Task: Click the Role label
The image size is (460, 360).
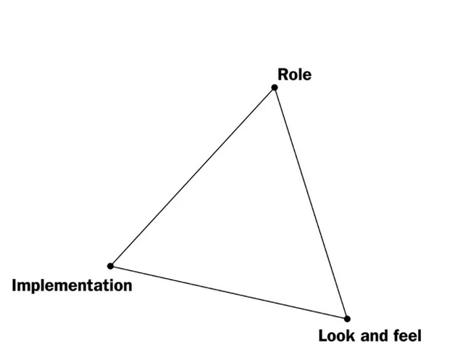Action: (295, 75)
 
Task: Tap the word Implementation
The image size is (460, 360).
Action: (72, 286)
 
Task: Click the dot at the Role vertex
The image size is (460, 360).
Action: (275, 88)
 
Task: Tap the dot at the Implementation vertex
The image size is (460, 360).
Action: (110, 266)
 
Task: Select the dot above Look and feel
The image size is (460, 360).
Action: (347, 319)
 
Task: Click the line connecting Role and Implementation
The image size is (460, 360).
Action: (193, 177)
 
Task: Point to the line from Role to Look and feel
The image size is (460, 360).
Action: (311, 203)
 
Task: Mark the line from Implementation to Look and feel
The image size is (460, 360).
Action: (229, 293)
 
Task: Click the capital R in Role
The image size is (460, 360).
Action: (283, 75)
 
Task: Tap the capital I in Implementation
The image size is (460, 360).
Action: (14, 285)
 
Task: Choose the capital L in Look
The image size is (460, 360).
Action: (322, 336)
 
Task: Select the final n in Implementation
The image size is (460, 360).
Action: (127, 287)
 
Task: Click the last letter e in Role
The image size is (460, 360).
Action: (307, 76)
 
